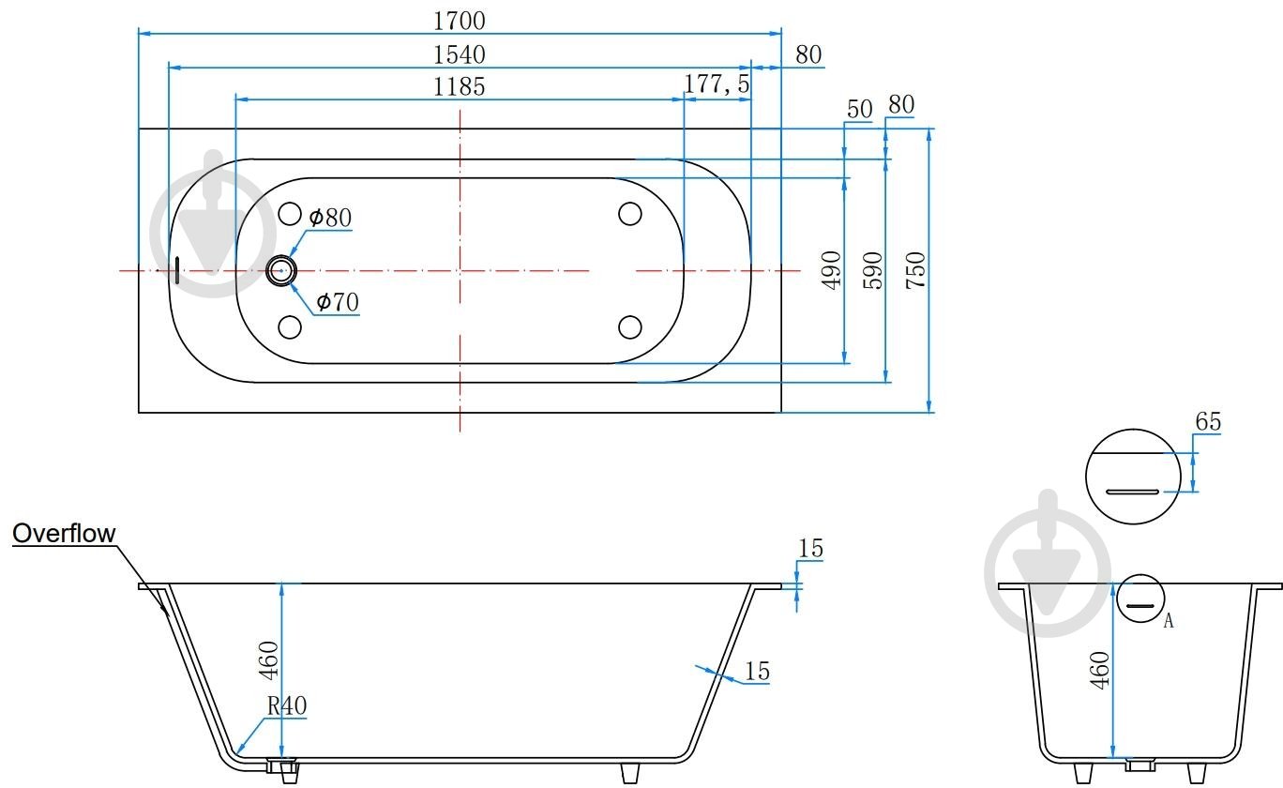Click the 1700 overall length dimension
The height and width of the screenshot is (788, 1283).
460,19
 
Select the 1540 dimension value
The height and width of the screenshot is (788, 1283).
460,54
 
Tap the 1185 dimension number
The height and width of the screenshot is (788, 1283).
460,87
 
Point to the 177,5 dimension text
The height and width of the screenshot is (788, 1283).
717,84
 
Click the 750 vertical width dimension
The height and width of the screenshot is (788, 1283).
916,269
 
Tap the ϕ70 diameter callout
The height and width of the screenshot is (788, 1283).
338,302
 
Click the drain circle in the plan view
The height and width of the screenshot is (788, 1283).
280,270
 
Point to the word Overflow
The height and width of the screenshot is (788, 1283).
64,534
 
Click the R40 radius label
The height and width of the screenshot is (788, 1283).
286,705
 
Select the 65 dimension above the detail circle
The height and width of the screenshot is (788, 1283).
1208,422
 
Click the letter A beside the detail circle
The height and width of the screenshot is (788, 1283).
1168,620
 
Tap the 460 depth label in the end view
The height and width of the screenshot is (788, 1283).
1100,670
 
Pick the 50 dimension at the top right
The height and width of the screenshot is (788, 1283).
859,109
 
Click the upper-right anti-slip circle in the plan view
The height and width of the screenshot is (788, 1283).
630,214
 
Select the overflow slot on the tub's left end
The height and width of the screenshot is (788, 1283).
176,270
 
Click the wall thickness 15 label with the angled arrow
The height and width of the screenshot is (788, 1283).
757,671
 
